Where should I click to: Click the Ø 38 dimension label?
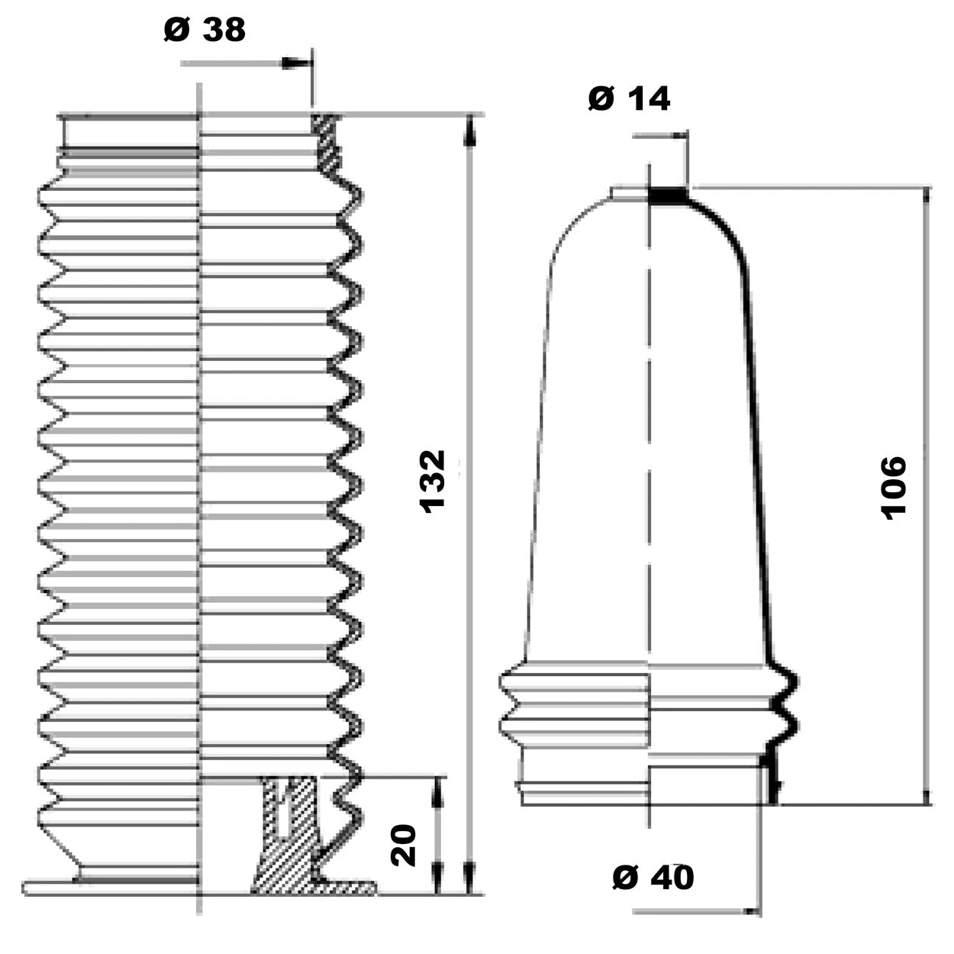pyautogui.click(x=205, y=31)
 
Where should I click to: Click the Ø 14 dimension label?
pyautogui.click(x=629, y=98)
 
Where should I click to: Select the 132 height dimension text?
pyautogui.click(x=433, y=481)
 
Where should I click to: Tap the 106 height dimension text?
pyautogui.click(x=893, y=488)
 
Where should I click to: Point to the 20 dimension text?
pyautogui.click(x=404, y=844)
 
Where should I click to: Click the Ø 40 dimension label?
pyautogui.click(x=653, y=878)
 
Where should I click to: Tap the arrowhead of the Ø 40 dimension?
pyautogui.click(x=752, y=910)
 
